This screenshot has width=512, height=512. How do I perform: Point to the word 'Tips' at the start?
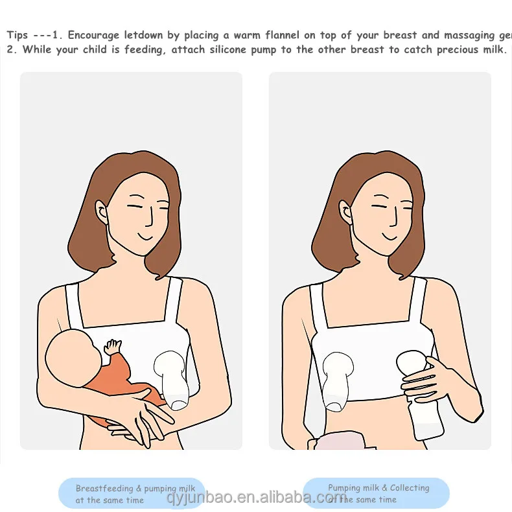click(x=17, y=36)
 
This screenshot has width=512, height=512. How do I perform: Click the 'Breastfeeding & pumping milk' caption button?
click(x=131, y=494)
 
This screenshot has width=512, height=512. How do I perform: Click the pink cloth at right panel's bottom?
click(x=341, y=441)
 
